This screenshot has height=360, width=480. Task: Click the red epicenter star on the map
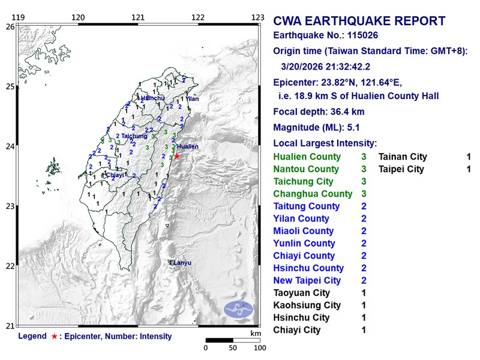pyautogui.click(x=176, y=156)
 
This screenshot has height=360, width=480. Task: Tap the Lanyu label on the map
pyautogui.click(x=181, y=262)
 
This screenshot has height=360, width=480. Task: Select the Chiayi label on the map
pyautogui.click(x=115, y=175)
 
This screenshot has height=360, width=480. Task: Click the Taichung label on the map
pyautogui.click(x=134, y=136)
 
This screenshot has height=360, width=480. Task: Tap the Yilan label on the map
pyautogui.click(x=192, y=98)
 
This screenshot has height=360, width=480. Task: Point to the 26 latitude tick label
pyautogui.click(x=10, y=27)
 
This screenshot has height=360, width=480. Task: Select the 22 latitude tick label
pyautogui.click(x=10, y=266)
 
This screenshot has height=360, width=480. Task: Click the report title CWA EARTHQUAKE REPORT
pyautogui.click(x=359, y=22)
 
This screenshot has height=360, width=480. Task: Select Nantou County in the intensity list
pyautogui.click(x=305, y=169)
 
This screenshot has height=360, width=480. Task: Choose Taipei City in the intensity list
pyautogui.click(x=401, y=169)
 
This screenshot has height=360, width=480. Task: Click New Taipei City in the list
pyautogui.click(x=307, y=281)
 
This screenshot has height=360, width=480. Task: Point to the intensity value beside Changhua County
pyautogui.click(x=364, y=194)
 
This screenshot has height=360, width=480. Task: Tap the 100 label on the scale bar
pyautogui.click(x=259, y=347)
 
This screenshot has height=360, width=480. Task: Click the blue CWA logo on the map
pyautogui.click(x=238, y=310)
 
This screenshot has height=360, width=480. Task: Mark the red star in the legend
pyautogui.click(x=55, y=337)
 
